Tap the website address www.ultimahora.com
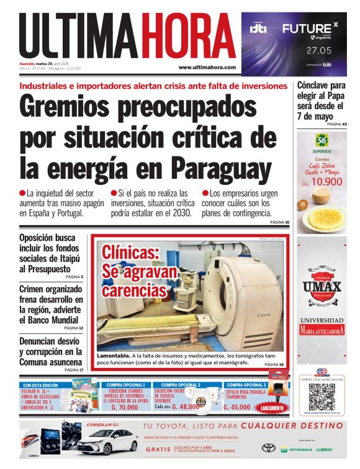pos(207,67)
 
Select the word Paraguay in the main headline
pos(222,167)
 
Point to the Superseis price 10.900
pos(326,182)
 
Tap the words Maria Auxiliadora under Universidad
pos(322,331)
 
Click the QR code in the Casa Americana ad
pos(322,397)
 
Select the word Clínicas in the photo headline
pos(131,253)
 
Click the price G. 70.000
pos(125,407)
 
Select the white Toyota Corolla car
pos(106,442)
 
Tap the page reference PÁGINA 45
pos(336,125)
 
